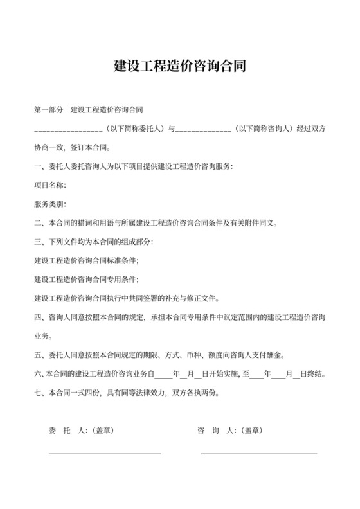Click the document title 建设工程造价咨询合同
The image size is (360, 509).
(179, 66)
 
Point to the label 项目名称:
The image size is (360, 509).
(50, 186)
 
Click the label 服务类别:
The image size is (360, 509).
(50, 204)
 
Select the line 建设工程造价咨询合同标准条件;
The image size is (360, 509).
(86, 261)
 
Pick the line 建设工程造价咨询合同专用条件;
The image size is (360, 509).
(86, 280)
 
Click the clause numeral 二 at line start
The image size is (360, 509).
(37, 223)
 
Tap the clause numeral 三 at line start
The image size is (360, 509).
(37, 242)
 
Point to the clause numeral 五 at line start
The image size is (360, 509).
(37, 355)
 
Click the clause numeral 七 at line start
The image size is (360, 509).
(37, 392)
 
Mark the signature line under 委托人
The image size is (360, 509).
(105, 454)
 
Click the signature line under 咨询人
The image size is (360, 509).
(259, 454)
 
